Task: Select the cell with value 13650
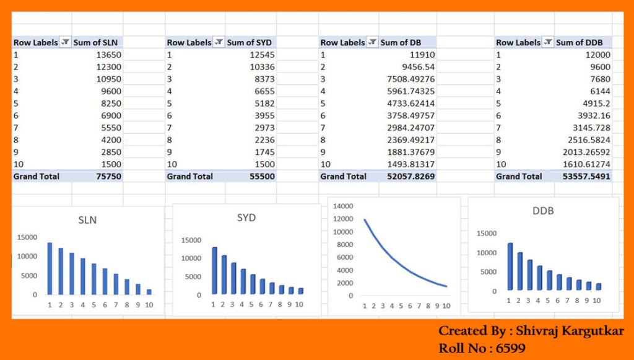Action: point(108,55)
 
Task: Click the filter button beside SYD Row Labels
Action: point(219,43)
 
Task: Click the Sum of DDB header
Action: point(579,43)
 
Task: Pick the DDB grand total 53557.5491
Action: point(583,176)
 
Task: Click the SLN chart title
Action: point(87,220)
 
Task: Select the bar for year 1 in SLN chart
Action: point(50,268)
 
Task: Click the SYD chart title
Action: point(246,218)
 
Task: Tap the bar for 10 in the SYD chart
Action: point(300,291)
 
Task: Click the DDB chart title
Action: point(542,211)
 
